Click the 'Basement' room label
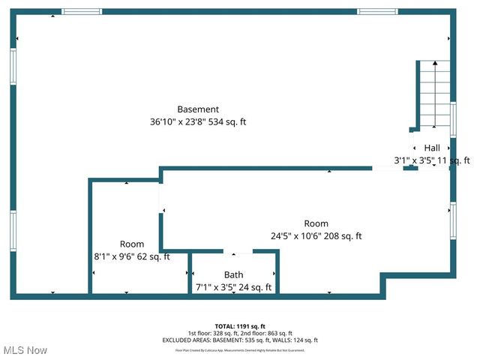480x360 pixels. (198, 109)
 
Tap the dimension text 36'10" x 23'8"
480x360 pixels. (177, 121)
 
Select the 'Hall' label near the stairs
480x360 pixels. (432, 148)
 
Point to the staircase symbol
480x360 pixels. (433, 93)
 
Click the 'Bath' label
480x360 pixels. (234, 275)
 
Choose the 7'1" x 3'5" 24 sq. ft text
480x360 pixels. (234, 287)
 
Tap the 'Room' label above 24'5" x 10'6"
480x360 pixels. (316, 223)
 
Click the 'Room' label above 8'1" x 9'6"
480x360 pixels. (132, 244)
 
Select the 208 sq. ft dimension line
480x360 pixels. (316, 235)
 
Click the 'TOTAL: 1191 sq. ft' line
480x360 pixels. (240, 326)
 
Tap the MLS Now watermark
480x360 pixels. (25, 350)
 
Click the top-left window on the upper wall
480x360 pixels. (82, 12)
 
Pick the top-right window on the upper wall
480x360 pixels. (377, 12)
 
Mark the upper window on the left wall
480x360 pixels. (13, 66)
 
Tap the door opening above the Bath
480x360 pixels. (233, 252)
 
